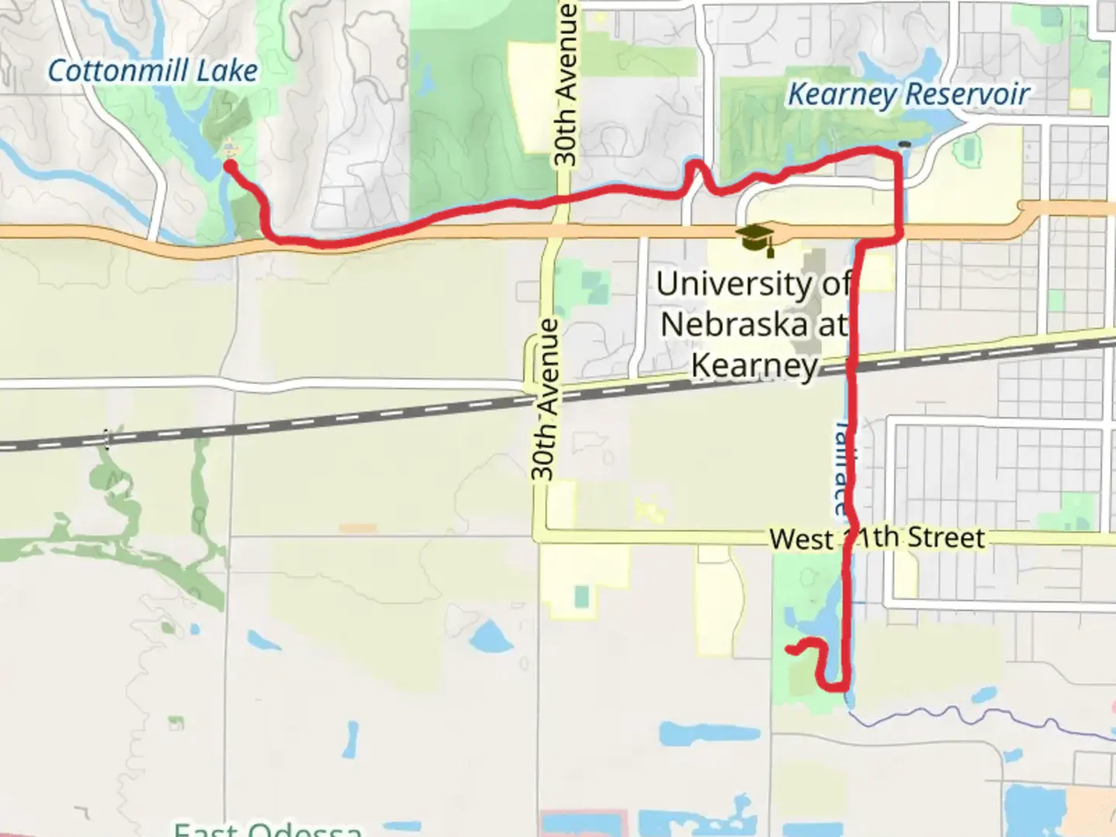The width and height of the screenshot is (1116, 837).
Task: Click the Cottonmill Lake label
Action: pos(153,71)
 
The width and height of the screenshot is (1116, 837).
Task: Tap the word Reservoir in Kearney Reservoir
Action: pos(967,95)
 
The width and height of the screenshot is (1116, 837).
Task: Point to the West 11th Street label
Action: pos(877,538)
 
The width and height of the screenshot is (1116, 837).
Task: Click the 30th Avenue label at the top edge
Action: pos(567,84)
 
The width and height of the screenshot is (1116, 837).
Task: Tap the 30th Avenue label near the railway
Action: pos(545,398)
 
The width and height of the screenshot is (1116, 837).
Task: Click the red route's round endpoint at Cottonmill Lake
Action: pos(230,164)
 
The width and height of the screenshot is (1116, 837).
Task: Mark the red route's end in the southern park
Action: pos(790,649)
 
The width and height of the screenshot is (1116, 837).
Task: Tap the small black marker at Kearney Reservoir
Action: pos(904,144)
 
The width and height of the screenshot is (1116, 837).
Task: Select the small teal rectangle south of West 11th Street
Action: pos(581,597)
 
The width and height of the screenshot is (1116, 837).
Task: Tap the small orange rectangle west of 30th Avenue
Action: pos(357,529)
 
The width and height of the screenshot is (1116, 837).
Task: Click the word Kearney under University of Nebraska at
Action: pos(754,365)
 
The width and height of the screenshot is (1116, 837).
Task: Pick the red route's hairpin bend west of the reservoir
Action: pos(694,164)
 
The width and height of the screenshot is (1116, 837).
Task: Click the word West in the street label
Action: pos(801,539)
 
